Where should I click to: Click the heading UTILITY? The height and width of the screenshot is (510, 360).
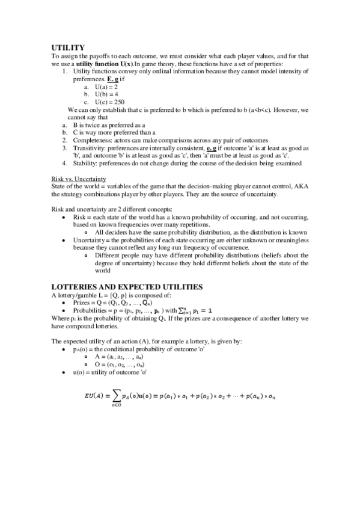click(68, 46)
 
